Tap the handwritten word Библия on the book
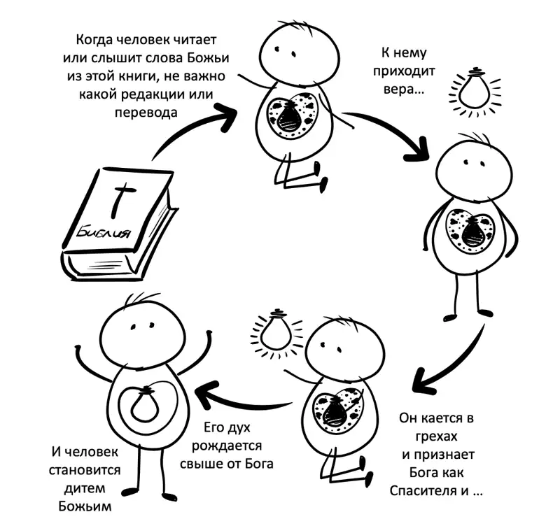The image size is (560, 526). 103,232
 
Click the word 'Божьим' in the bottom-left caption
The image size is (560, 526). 85,506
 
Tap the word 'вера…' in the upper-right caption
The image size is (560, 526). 404,90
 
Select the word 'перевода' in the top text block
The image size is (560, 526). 146,113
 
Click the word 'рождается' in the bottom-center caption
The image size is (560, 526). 227,446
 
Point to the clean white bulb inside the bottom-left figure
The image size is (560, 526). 145,403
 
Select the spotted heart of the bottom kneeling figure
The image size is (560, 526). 337,410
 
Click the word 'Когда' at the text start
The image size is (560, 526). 94,40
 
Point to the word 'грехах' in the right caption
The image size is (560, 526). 436,436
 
